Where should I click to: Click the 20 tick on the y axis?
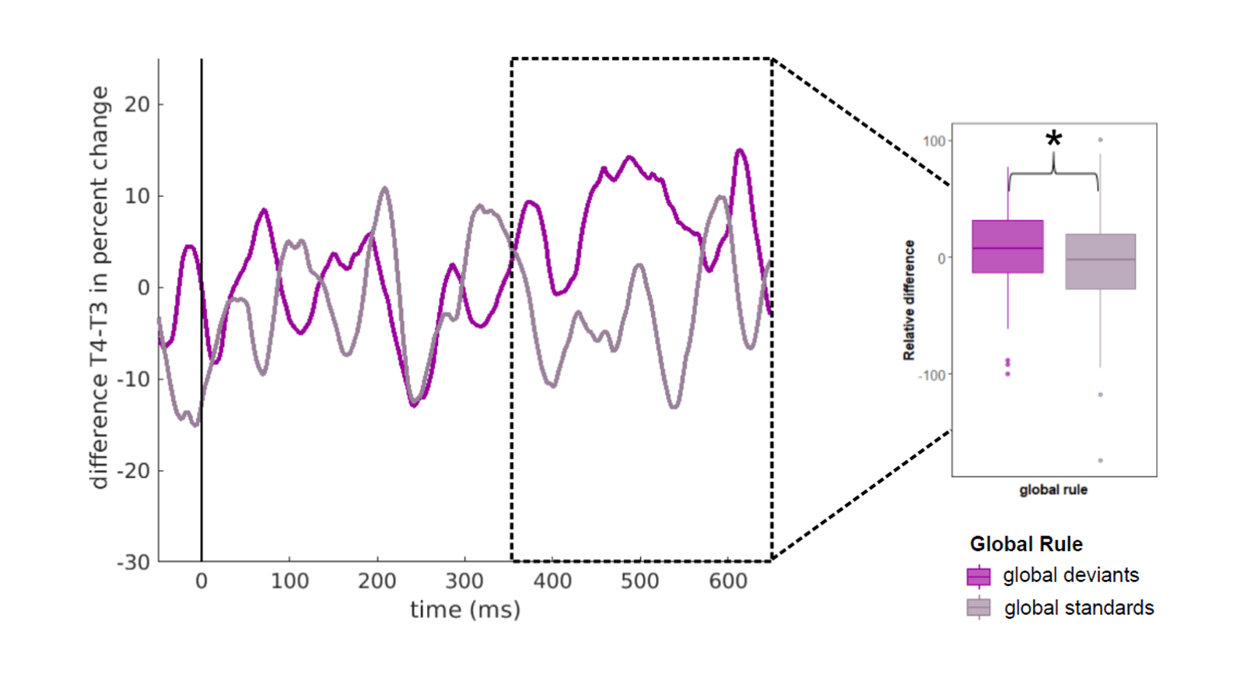[x=137, y=104]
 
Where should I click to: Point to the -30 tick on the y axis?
[x=133, y=562]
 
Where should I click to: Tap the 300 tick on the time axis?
[x=464, y=581]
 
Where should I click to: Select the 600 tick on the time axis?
[x=727, y=581]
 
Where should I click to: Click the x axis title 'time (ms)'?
[x=465, y=609]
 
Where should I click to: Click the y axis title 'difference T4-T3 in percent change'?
[x=99, y=288]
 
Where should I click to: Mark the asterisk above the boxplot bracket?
[x=1053, y=139]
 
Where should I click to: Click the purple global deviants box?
[x=1007, y=246]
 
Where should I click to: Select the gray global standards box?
[x=1100, y=262]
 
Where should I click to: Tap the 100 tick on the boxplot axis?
[x=934, y=141]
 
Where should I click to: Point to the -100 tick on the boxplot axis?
[x=932, y=375]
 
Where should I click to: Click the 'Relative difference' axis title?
[x=909, y=300]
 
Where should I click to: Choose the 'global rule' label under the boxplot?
[x=1053, y=490]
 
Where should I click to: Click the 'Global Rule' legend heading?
[x=1026, y=543]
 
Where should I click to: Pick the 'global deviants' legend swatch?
[x=979, y=576]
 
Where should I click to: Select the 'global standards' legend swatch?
[x=979, y=608]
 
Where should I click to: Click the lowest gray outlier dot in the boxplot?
[x=1100, y=460]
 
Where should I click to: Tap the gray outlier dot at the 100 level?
[x=1100, y=140]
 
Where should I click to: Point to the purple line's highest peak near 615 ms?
[x=740, y=150]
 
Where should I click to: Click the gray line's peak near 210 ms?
[x=384, y=188]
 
